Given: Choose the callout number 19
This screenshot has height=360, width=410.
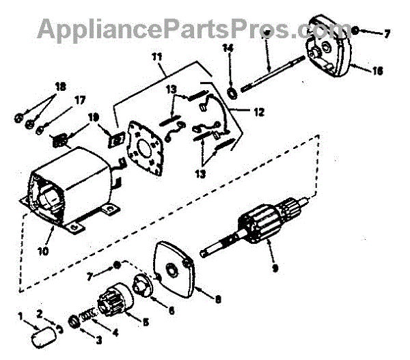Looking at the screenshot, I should coord(94,116).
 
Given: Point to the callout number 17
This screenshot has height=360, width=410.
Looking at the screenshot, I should coord(81,100).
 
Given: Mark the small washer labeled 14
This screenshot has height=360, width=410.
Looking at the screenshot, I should coord(231,92).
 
